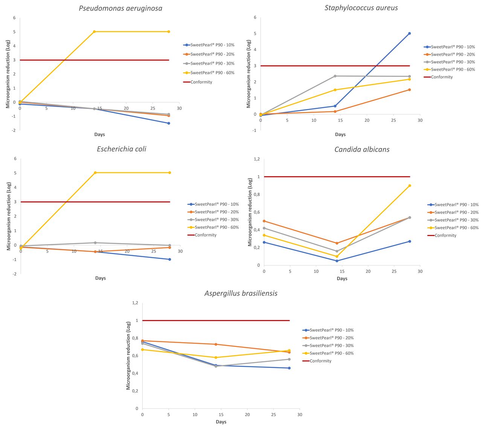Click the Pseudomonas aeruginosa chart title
120,8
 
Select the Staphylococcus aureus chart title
361,8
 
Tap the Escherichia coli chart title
122,149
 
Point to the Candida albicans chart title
362,149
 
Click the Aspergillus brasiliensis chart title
241,293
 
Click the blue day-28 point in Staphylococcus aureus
409,34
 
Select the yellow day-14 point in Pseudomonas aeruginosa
94,32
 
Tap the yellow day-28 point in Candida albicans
410,185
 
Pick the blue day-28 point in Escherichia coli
170,259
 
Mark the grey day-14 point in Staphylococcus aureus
335,76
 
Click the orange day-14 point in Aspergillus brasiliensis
216,344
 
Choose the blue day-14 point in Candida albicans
337,261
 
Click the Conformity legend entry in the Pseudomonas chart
201,82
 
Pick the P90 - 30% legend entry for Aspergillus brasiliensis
331,346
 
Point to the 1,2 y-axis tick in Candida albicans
256,159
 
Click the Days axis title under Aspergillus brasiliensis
221,422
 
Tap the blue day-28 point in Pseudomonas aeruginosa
169,123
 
